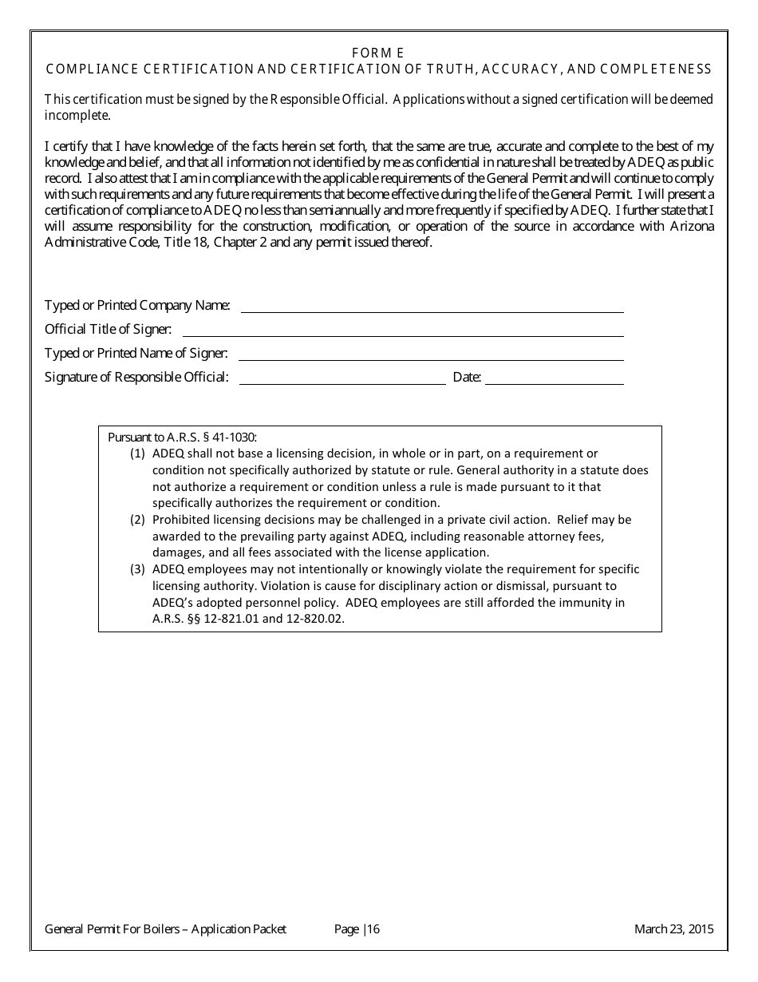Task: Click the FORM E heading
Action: (378, 53)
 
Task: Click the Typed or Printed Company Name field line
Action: (432, 311)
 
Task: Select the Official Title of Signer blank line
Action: (403, 335)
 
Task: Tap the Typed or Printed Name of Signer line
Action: (431, 358)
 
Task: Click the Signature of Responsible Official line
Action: (342, 383)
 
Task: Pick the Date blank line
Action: (554, 383)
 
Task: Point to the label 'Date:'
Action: (467, 378)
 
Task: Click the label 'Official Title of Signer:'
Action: (108, 329)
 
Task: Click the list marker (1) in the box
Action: (137, 453)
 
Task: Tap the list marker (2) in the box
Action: (137, 520)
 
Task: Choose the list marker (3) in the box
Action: (137, 569)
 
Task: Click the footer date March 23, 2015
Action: (673, 929)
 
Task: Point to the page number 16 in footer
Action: (373, 929)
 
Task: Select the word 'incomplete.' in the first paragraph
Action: (77, 115)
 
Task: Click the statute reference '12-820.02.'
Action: (316, 619)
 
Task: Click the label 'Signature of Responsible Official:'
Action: (136, 378)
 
